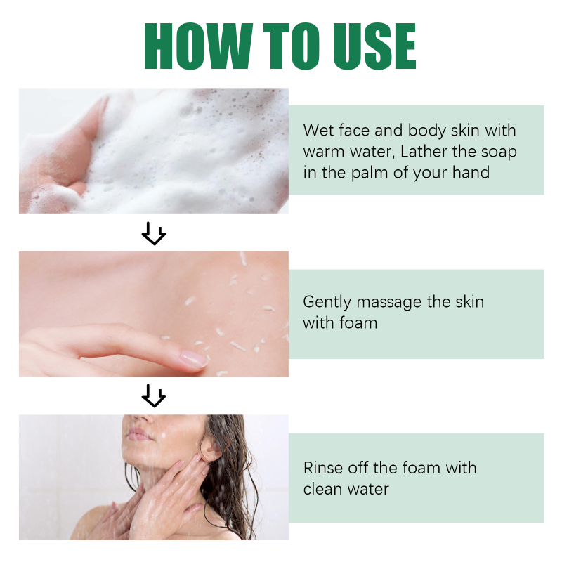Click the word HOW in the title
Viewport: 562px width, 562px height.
(x=199, y=46)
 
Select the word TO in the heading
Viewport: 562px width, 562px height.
(x=292, y=46)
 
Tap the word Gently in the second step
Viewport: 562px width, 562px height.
(x=327, y=303)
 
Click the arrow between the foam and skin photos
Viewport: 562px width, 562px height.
(x=154, y=233)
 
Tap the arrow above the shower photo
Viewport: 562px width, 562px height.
(x=154, y=396)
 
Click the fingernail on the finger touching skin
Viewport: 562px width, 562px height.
(x=194, y=359)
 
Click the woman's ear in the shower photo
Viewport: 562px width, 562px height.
(x=209, y=450)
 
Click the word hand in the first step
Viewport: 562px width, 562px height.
(x=471, y=173)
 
